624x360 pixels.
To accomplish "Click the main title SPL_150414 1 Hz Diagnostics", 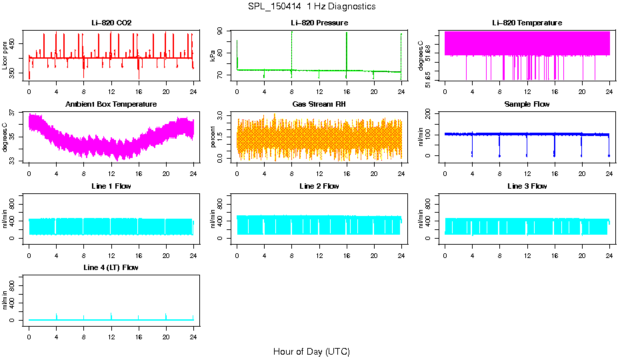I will pos(311,7).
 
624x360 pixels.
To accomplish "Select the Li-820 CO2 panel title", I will pos(111,23).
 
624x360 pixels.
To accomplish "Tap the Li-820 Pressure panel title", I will pos(319,23).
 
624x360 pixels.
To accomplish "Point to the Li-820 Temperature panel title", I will pos(527,23).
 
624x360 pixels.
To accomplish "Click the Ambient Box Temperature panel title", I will pos(111,104).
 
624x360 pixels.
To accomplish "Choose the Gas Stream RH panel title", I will pos(319,104).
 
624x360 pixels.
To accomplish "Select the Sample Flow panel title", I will pos(527,104).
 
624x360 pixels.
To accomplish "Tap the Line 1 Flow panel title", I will pos(111,186).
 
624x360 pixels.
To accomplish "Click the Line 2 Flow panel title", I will pos(319,186).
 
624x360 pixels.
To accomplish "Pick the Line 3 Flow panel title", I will pos(527,186).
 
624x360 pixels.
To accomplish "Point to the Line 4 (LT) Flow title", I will pos(111,267).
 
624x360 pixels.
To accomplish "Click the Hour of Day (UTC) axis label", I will pos(311,351).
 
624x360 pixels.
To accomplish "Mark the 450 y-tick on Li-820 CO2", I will pos(15,43).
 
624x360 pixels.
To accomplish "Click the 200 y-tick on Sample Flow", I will pos(431,113).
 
